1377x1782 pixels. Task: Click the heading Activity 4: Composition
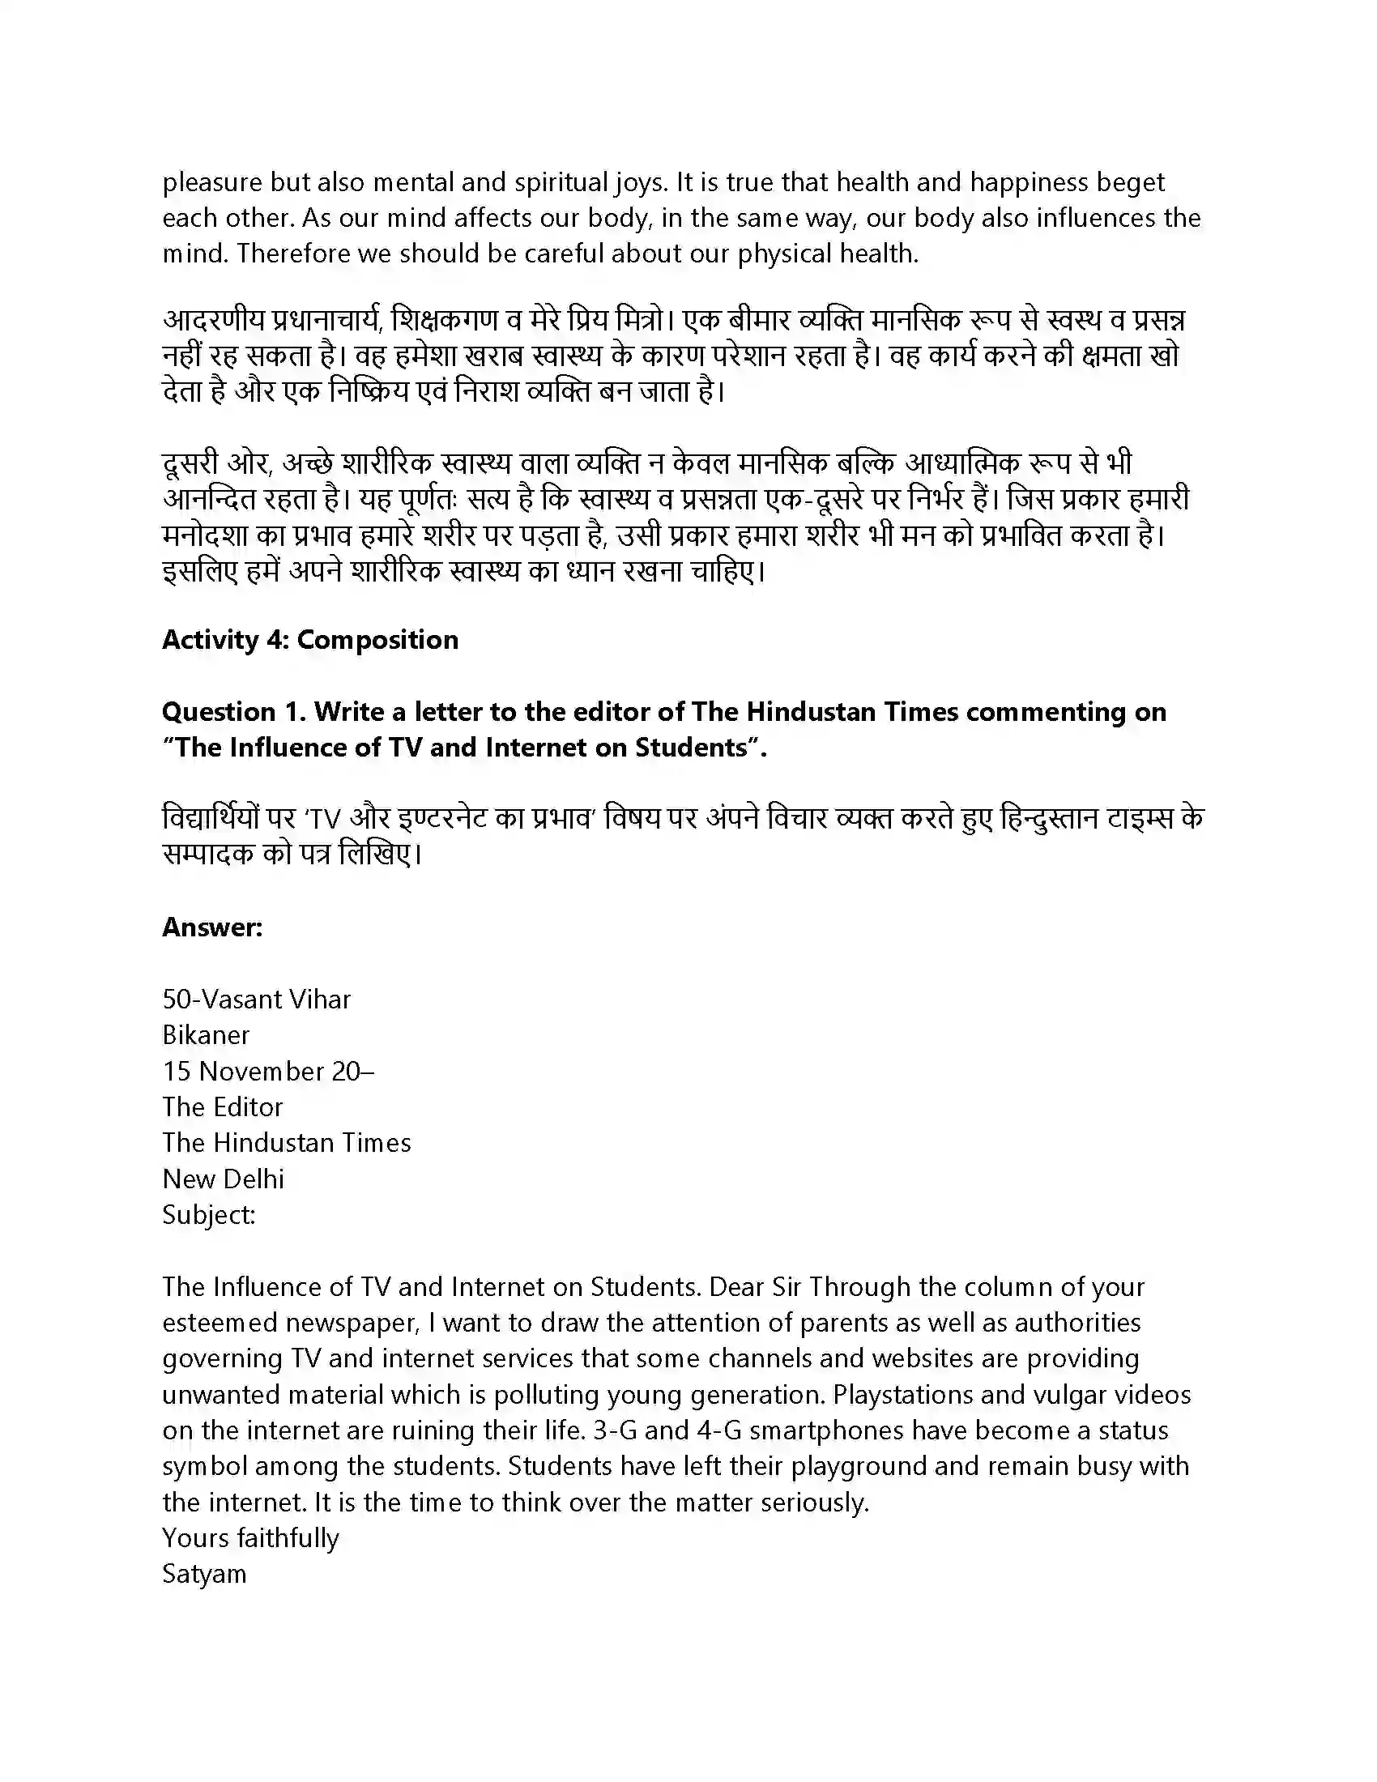(x=310, y=640)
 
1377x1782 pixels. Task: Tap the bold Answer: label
(x=212, y=927)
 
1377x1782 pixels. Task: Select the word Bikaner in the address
(x=206, y=1034)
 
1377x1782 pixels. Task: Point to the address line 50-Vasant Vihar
(x=256, y=999)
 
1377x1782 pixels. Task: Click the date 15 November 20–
(x=268, y=1071)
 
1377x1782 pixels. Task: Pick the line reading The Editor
(x=222, y=1106)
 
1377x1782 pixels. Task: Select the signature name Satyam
(x=204, y=1573)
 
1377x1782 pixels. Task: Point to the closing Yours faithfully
(x=250, y=1537)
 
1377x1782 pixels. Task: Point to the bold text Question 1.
(x=233, y=711)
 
